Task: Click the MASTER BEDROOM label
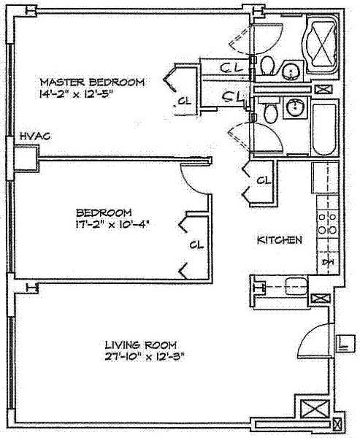[x=93, y=82]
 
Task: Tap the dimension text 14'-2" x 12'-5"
[x=76, y=94]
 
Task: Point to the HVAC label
[x=35, y=136]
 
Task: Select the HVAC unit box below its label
[x=26, y=158]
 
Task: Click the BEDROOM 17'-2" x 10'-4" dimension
[x=111, y=224]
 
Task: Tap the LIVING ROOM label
[x=141, y=345]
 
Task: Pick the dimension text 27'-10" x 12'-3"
[x=145, y=357]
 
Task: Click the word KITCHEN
[x=280, y=240]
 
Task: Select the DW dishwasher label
[x=328, y=263]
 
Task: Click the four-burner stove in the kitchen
[x=327, y=223]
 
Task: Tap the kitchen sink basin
[x=296, y=286]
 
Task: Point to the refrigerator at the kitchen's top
[x=325, y=177]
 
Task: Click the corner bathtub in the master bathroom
[x=323, y=44]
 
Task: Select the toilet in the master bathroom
[x=268, y=66]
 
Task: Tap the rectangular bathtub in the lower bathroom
[x=324, y=130]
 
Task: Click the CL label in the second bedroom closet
[x=196, y=245]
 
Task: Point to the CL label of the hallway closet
[x=264, y=180]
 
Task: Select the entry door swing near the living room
[x=315, y=340]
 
